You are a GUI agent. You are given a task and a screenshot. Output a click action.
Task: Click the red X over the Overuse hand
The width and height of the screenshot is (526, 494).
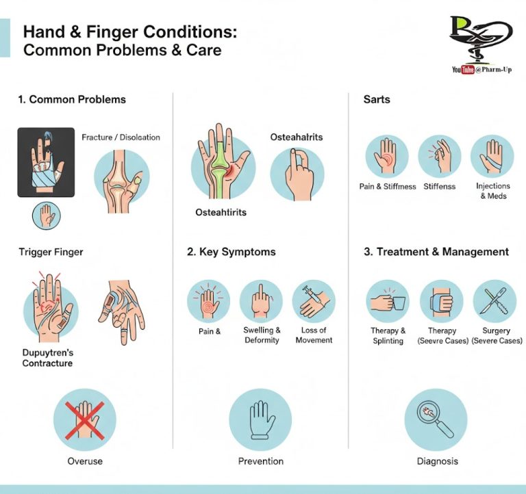(x=84, y=420)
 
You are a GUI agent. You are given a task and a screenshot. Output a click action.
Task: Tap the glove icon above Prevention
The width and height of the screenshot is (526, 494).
(x=260, y=419)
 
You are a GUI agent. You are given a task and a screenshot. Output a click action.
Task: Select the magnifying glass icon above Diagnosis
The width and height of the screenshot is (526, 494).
(x=436, y=419)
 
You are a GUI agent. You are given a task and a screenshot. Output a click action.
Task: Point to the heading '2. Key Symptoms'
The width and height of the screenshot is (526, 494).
(x=231, y=252)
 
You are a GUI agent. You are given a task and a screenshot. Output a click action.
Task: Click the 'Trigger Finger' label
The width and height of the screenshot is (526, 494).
(x=51, y=252)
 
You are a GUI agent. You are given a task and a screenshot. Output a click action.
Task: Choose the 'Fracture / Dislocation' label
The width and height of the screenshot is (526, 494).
(x=121, y=137)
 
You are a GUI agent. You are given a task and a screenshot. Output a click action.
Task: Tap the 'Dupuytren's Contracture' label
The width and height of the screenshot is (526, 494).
(x=47, y=358)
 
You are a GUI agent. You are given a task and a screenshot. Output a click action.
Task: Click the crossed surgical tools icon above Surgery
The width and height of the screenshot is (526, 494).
(x=494, y=301)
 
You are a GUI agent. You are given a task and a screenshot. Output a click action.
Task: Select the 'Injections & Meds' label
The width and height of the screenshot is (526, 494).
(x=493, y=191)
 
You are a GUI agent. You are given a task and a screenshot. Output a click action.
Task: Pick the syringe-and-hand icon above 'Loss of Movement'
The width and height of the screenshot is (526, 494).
(x=314, y=301)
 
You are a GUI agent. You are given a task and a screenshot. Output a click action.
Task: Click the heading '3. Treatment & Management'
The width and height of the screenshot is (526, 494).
(x=436, y=252)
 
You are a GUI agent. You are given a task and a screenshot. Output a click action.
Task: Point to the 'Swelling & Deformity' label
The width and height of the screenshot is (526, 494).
(x=262, y=335)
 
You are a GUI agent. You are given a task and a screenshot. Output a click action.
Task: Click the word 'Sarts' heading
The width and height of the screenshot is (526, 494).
(x=377, y=99)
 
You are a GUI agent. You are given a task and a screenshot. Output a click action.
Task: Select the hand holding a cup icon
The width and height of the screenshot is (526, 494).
(x=388, y=301)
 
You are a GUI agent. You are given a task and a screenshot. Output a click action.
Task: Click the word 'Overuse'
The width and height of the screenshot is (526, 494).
(x=85, y=461)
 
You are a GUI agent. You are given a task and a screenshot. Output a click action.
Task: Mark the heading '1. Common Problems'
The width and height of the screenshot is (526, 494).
(x=72, y=99)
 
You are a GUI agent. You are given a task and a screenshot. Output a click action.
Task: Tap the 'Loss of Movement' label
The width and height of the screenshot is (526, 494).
(x=314, y=335)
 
